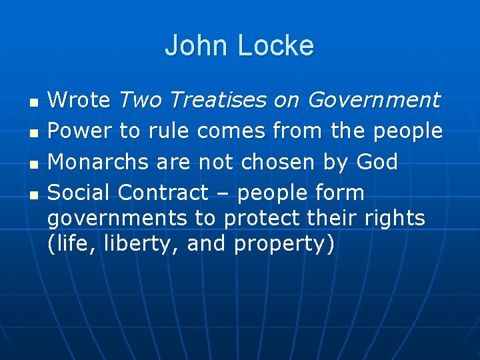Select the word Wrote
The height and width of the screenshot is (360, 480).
[79, 101]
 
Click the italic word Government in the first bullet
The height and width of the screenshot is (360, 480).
[373, 101]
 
